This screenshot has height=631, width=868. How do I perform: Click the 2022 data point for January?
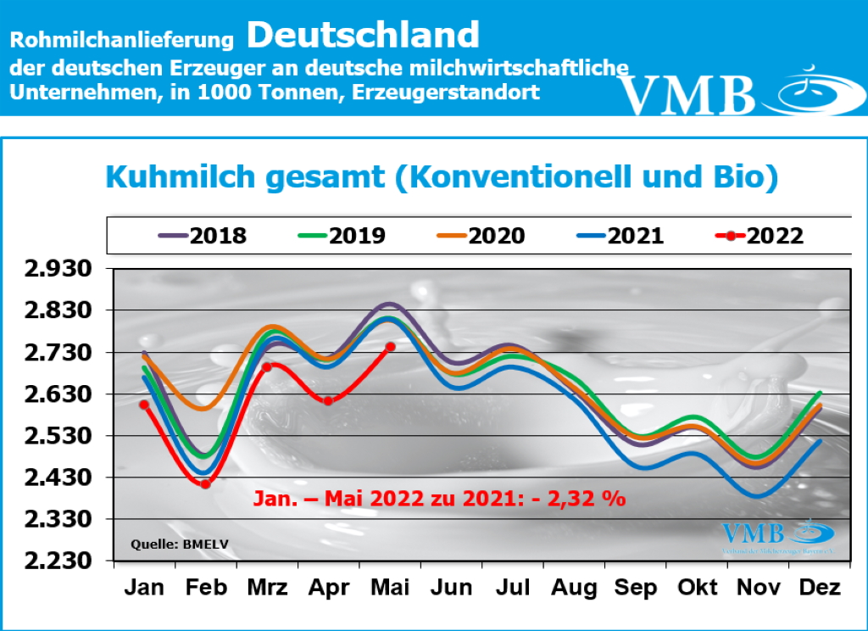pos(144,405)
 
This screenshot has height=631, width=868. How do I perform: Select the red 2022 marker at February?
pos(205,484)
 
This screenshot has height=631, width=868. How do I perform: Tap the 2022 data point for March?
pos(266,366)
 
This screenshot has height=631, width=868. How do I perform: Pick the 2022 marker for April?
pos(328,400)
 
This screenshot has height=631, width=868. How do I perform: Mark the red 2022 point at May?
pos(390,346)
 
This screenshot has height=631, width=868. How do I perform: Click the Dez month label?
pos(820,588)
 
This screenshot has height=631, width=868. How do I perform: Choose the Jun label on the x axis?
pos(451,588)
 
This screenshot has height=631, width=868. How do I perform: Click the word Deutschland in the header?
pos(364,36)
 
